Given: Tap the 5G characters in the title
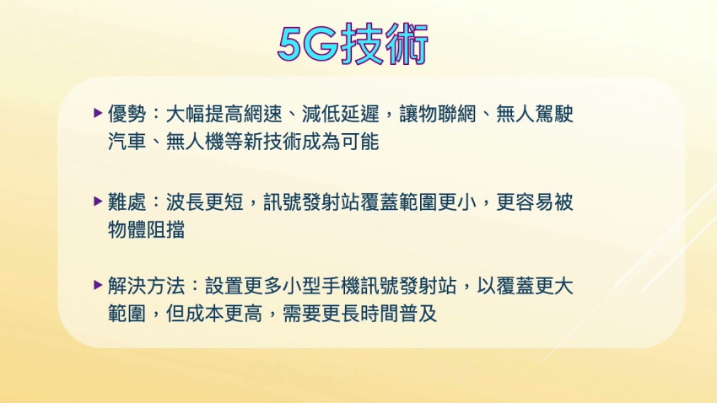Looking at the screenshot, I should (x=307, y=45).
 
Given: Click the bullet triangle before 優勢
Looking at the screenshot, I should (x=99, y=112).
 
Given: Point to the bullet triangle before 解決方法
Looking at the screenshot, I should (x=99, y=285).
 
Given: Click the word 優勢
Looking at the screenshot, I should (x=127, y=113).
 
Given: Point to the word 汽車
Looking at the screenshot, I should (x=127, y=142).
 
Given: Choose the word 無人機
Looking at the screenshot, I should (x=214, y=142).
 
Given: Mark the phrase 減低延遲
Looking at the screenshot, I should (x=342, y=113).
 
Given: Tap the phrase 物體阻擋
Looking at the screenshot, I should (x=147, y=229).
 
